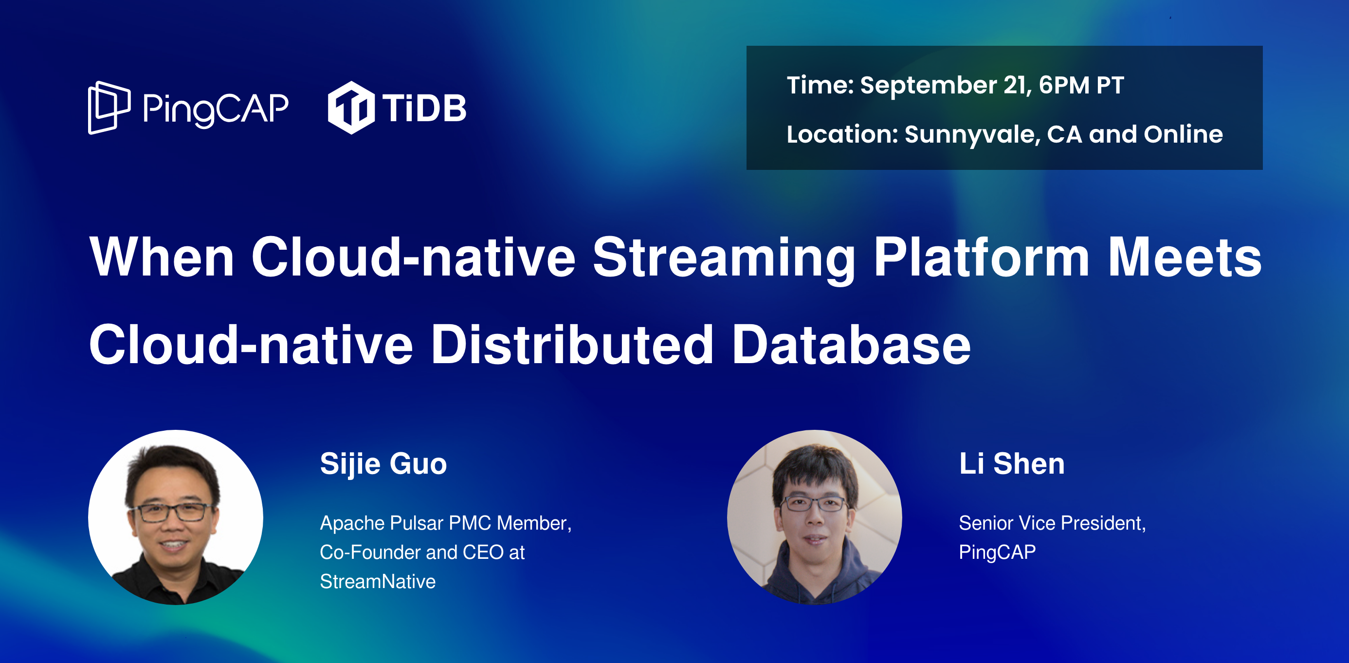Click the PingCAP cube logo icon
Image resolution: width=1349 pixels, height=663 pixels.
click(x=109, y=108)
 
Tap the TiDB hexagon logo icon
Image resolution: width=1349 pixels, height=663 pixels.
click(x=351, y=108)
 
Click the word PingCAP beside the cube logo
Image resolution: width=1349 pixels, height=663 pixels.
click(x=215, y=109)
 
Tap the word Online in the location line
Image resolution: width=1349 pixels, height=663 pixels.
click(x=1183, y=134)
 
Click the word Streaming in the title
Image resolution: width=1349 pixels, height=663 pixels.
click(x=724, y=258)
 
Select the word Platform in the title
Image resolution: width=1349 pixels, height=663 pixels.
click(x=982, y=258)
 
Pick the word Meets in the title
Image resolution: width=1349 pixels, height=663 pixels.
click(x=1185, y=258)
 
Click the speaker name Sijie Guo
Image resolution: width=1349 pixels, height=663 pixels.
click(x=383, y=464)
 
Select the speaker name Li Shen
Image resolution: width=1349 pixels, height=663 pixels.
click(x=1012, y=464)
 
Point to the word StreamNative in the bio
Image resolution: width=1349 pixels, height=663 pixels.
click(x=378, y=582)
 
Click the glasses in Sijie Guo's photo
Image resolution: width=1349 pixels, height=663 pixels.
click(x=173, y=512)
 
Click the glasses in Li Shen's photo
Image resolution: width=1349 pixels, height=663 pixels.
click(x=813, y=504)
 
